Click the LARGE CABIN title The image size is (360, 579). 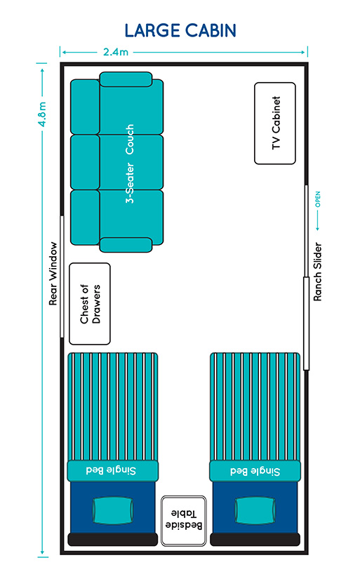[x=180, y=31]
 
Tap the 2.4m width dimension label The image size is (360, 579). [x=116, y=52]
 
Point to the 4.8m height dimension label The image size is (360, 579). [x=43, y=114]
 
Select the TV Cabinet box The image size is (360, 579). [x=274, y=124]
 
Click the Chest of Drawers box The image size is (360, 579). [x=90, y=304]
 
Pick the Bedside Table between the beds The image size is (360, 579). [x=183, y=521]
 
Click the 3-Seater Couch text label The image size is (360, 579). [x=130, y=164]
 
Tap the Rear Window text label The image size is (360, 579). [x=53, y=274]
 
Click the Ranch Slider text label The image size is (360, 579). [x=317, y=272]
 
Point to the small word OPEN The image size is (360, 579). [x=317, y=199]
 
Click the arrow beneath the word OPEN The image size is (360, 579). [x=317, y=221]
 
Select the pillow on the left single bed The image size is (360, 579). [x=112, y=510]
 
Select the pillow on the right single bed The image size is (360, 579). [x=255, y=510]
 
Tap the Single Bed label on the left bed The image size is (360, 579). [x=111, y=470]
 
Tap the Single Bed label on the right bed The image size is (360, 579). [x=255, y=471]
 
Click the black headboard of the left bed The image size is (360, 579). [x=112, y=539]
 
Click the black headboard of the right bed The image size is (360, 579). [x=255, y=539]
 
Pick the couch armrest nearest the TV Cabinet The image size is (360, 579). [x=126, y=79]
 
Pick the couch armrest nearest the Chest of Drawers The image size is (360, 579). [x=126, y=245]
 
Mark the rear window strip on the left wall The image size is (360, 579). [x=62, y=277]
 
